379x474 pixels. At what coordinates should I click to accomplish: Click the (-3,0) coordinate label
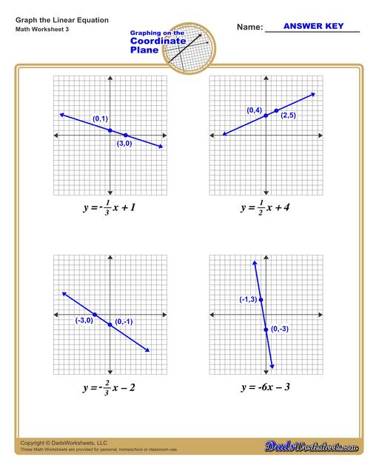tap(84, 321)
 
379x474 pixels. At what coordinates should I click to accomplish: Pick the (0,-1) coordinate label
tap(124, 321)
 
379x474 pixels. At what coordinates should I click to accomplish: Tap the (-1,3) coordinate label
tap(248, 299)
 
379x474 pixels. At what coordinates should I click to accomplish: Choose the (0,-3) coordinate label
tap(280, 329)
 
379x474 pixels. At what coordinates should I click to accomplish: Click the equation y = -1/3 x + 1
tap(109, 208)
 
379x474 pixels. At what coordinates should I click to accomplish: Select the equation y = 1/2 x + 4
tap(264, 208)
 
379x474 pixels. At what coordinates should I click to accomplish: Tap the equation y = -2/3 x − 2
tap(109, 387)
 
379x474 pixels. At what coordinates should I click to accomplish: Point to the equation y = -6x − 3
tap(264, 387)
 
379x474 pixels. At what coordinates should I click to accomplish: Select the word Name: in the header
tap(249, 27)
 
